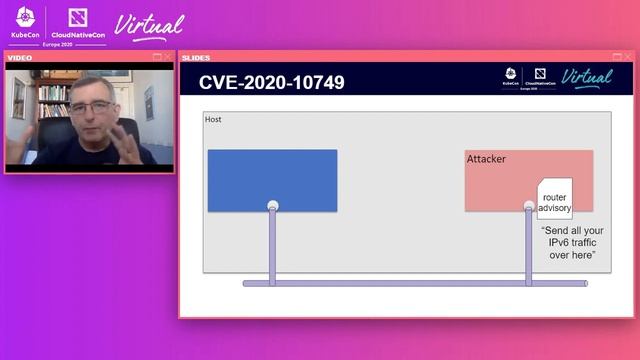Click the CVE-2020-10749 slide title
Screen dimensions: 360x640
(x=272, y=82)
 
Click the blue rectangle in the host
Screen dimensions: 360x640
(x=272, y=180)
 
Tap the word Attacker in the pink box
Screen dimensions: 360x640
(x=487, y=159)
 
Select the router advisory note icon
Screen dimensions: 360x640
(x=554, y=198)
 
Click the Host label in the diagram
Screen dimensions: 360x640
(x=213, y=120)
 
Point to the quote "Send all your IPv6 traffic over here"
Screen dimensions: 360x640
(x=573, y=243)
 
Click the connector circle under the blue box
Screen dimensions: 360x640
(x=272, y=206)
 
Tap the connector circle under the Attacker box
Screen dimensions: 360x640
(x=529, y=206)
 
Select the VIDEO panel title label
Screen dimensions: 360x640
(x=20, y=57)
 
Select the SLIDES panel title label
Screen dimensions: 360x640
(x=196, y=57)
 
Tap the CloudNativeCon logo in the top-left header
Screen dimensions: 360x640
(x=77, y=24)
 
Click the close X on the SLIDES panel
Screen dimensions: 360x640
(x=629, y=57)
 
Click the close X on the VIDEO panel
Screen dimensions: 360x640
(x=168, y=57)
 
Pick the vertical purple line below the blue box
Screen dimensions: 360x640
(x=272, y=245)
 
